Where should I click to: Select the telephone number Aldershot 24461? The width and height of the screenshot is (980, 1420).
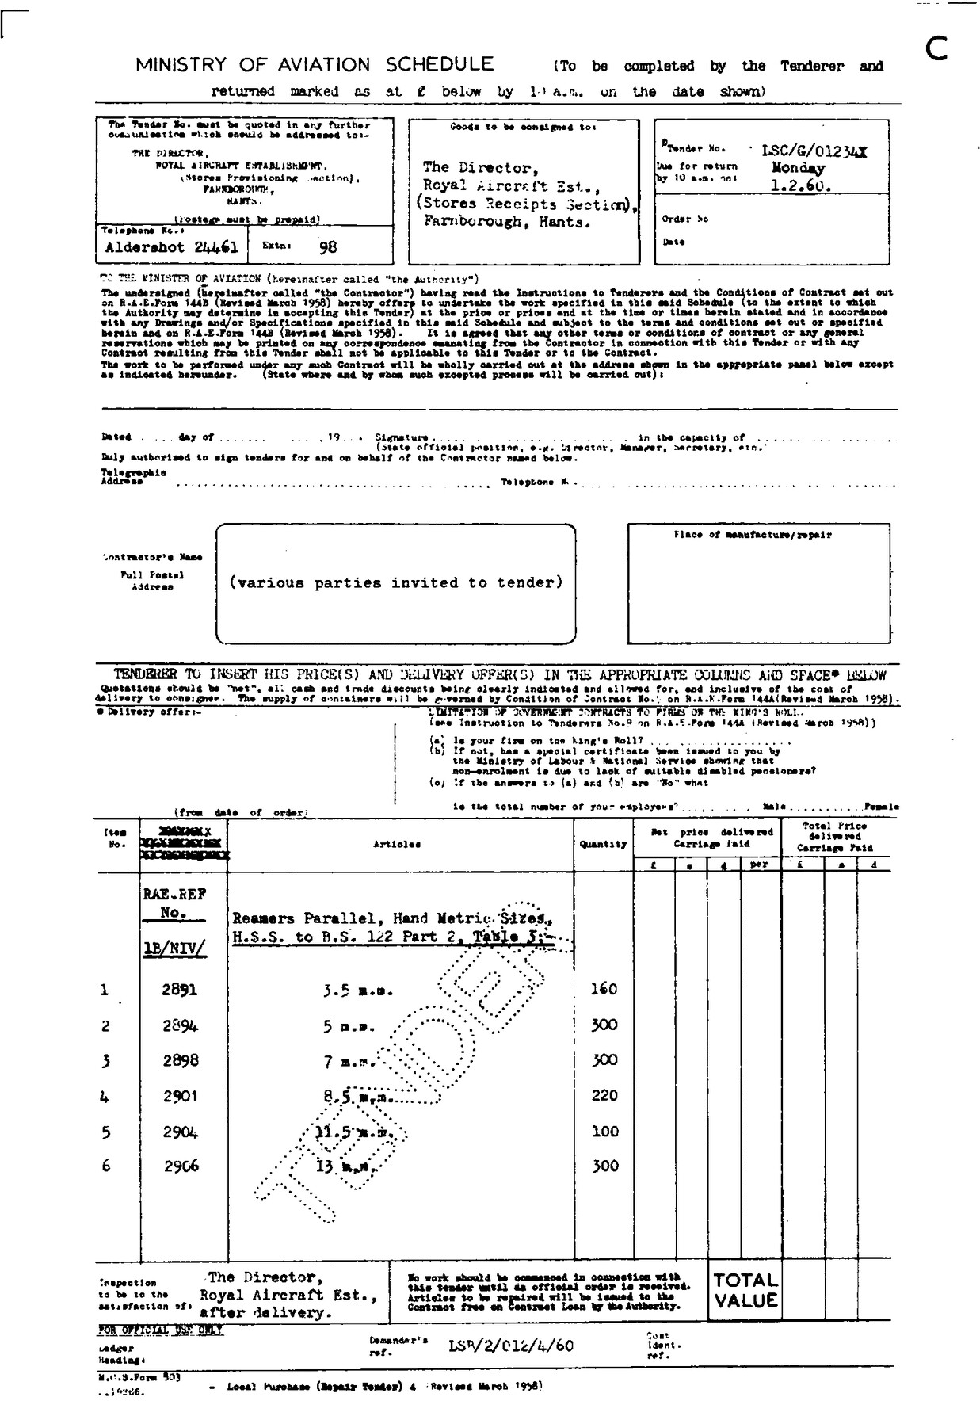pyautogui.click(x=172, y=246)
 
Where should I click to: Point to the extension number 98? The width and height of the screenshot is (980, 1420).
pyautogui.click(x=327, y=246)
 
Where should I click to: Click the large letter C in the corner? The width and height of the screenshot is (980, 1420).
pyautogui.click(x=936, y=51)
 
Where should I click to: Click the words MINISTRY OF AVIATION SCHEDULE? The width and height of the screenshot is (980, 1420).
pyautogui.click(x=314, y=64)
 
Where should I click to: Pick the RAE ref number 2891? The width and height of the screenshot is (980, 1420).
pyautogui.click(x=179, y=989)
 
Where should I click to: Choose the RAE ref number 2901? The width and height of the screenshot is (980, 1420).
pyautogui.click(x=179, y=1096)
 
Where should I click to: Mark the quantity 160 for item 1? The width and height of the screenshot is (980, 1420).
pyautogui.click(x=604, y=988)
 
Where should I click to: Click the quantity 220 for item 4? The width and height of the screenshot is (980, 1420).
pyautogui.click(x=604, y=1095)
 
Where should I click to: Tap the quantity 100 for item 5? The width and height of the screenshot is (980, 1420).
pyautogui.click(x=604, y=1131)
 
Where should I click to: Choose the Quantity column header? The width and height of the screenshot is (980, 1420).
pyautogui.click(x=603, y=844)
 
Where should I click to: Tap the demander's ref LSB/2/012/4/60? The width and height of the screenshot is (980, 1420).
pyautogui.click(x=511, y=1346)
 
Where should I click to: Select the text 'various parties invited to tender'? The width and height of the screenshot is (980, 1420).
pyautogui.click(x=396, y=582)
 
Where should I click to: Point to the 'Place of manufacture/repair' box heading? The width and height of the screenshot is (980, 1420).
pyautogui.click(x=752, y=535)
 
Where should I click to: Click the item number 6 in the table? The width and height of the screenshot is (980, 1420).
pyautogui.click(x=106, y=1166)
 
